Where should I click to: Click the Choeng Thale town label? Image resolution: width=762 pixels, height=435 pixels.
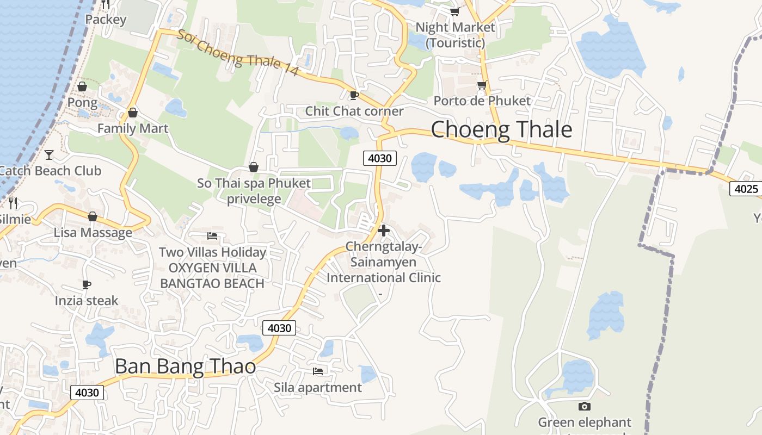[x=501, y=130]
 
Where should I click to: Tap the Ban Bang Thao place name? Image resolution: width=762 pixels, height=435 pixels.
[x=185, y=366]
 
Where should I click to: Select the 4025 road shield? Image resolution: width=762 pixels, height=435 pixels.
[x=746, y=189]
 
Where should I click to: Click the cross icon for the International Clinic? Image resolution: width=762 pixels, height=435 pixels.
[x=384, y=231]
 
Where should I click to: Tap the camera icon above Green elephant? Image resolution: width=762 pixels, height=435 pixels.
[x=585, y=406]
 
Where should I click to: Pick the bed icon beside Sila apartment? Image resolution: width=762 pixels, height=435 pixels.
[x=318, y=371]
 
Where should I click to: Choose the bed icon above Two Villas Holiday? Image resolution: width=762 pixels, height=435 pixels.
[x=212, y=236]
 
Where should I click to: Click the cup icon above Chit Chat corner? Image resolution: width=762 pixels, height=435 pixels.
[x=354, y=96]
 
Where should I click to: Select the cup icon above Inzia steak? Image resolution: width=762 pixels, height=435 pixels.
[x=87, y=284]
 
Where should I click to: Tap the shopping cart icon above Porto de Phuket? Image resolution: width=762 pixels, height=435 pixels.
[x=482, y=85]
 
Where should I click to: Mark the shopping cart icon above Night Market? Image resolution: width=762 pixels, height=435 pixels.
[x=454, y=11]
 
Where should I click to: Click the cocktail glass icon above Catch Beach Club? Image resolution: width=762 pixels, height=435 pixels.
[x=49, y=155]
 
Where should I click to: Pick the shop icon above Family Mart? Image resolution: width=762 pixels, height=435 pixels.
[x=133, y=113]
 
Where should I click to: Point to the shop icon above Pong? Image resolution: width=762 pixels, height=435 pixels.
[x=82, y=86]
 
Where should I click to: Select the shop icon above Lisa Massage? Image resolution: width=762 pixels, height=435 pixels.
[x=93, y=216]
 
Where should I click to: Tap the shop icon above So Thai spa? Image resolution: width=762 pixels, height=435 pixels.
[x=254, y=167]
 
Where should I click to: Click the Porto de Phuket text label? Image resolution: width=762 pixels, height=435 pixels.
[x=482, y=101]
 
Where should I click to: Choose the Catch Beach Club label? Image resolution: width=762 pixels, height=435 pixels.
[x=50, y=171]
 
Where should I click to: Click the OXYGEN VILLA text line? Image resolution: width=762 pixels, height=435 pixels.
[x=212, y=268]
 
